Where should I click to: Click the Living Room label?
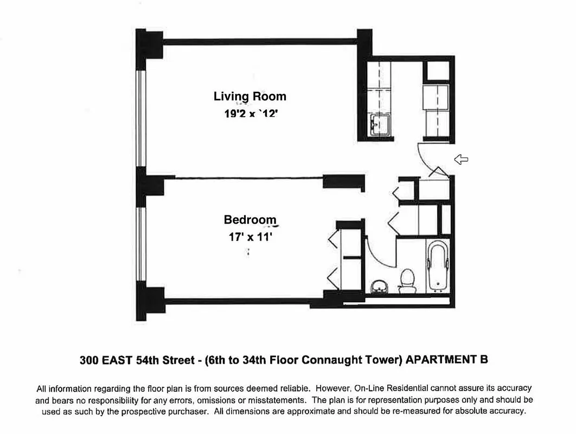[x=249, y=97]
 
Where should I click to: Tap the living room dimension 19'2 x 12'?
[x=249, y=114]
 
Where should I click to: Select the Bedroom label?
[x=250, y=220]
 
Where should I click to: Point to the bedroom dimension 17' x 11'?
[x=250, y=237]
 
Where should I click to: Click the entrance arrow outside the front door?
[x=461, y=159]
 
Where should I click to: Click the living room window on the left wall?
[x=140, y=118]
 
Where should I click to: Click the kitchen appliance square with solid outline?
[x=436, y=72]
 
